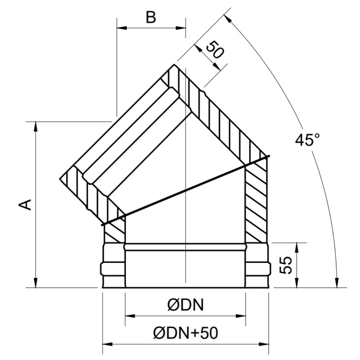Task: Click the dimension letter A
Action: tap(25, 205)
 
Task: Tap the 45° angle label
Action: tap(307, 140)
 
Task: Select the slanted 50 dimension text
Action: tap(214, 50)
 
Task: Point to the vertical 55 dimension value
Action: tap(285, 265)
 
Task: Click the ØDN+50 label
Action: tap(185, 333)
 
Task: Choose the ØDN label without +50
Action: tap(185, 305)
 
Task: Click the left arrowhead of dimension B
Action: tap(122, 28)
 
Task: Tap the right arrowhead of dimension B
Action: tap(181, 28)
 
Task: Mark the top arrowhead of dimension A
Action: tap(36, 127)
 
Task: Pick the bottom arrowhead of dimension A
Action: tap(36, 282)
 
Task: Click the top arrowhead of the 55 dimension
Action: tap(297, 247)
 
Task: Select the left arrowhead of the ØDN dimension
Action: tap(130, 316)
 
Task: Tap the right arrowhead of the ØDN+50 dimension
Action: tap(264, 344)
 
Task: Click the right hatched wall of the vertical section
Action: tap(256, 202)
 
